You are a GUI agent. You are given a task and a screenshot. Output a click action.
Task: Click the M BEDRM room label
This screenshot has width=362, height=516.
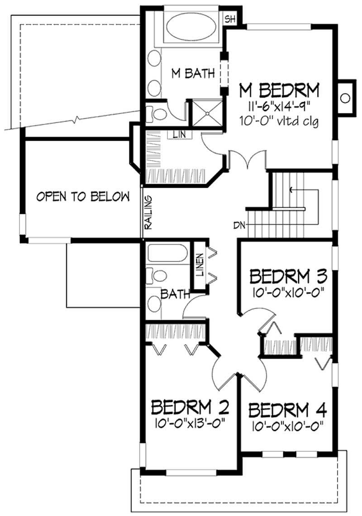tap(279, 90)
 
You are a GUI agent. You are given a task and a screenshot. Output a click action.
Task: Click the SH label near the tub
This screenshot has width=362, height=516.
tap(230, 19)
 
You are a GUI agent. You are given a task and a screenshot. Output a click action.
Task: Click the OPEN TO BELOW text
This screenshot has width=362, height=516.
tap(83, 196)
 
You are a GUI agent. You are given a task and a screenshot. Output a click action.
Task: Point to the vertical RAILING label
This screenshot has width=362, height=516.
tap(148, 213)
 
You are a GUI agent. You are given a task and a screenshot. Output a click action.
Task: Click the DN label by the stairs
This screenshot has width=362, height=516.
tap(239, 224)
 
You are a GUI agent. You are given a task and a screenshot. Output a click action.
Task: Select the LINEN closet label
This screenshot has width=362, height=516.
tap(199, 264)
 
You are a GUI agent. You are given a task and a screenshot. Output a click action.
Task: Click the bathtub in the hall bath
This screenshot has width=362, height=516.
tap(167, 254)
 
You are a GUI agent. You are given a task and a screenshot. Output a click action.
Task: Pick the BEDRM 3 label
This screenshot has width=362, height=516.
tap(287, 275)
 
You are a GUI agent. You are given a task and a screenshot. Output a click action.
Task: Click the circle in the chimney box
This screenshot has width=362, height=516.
tap(345, 98)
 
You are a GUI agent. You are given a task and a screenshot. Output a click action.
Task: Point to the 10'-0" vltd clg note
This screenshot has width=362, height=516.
tap(279, 121)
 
